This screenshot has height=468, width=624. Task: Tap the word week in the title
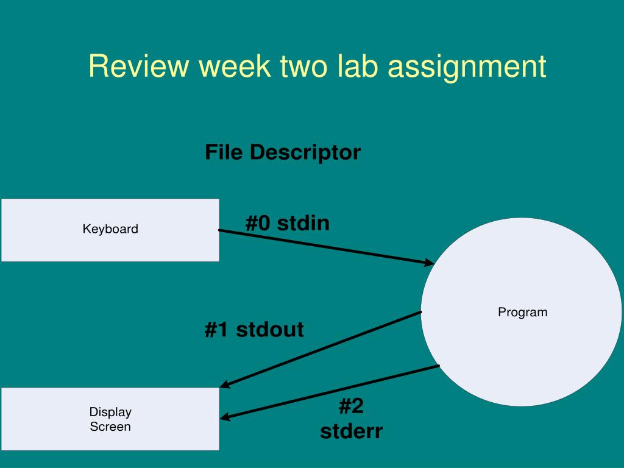click(234, 66)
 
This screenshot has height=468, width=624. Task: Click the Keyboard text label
click(110, 229)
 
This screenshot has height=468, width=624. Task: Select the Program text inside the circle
click(523, 312)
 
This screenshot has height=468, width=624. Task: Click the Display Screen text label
click(110, 419)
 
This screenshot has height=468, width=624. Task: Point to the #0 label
click(258, 223)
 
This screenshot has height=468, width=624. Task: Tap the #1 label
click(217, 330)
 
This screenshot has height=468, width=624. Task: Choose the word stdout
click(269, 330)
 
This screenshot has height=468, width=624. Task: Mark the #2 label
click(351, 406)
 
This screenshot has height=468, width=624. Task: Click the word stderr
click(351, 431)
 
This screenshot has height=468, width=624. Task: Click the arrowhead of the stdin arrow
click(429, 263)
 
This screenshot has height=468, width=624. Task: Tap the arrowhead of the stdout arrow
click(225, 385)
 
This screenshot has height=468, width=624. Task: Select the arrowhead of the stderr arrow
click(225, 417)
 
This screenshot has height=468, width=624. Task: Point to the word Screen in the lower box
click(110, 427)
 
